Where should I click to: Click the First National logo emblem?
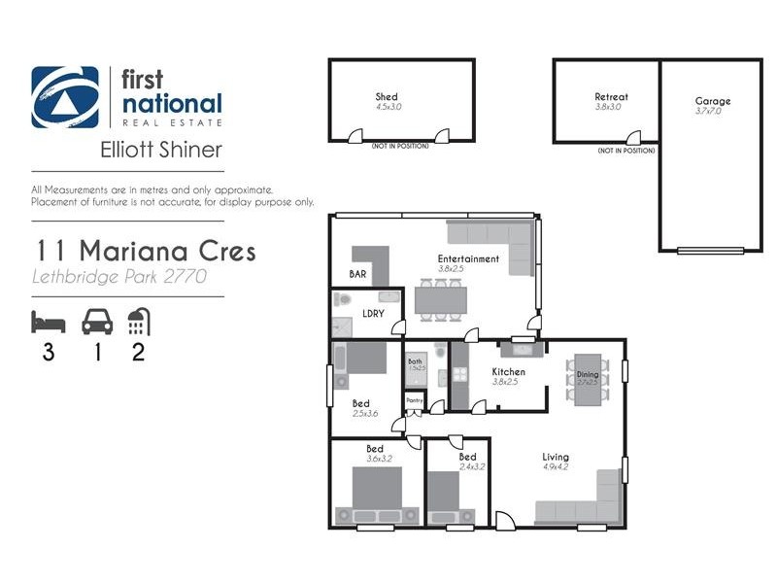pos(65,97)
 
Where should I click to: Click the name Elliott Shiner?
pos(161,151)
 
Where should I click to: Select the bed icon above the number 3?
pos(47,322)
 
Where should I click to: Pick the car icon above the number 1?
pos(95,322)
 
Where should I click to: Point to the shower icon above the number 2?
pos(139,322)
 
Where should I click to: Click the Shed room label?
pos(388,97)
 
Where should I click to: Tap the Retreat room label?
pos(611,97)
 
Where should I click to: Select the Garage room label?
pos(712,101)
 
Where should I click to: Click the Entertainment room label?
pos(468,259)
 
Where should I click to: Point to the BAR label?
pos(358,275)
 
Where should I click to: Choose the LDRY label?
pos(372,314)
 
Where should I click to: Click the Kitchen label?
pos(508,372)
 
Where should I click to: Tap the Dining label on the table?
pos(589,374)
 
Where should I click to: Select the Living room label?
pos(557,457)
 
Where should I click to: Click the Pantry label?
pos(413,399)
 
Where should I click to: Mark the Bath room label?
pos(415,361)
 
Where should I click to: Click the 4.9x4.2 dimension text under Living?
pos(557,467)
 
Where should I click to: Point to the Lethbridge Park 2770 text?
pos(118,277)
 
